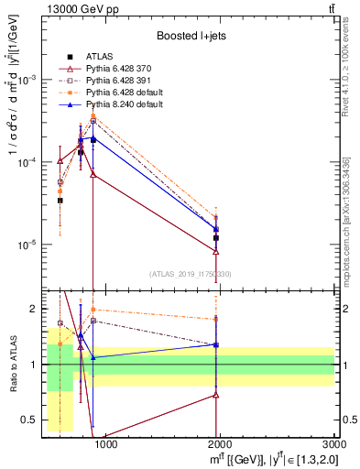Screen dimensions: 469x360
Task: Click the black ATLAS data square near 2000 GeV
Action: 216,238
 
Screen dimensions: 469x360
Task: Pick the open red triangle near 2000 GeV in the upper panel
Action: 216,251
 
